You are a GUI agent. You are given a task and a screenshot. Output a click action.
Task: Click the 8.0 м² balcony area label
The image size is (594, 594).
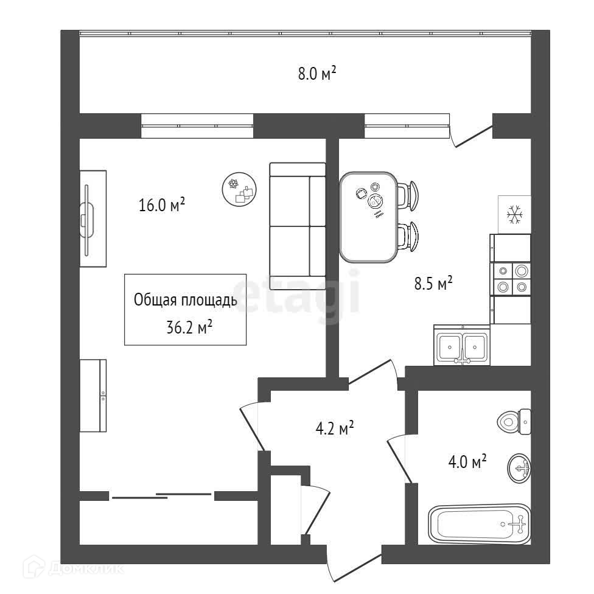[316, 75]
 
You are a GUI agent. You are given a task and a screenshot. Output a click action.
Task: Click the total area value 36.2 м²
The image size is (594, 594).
[189, 328]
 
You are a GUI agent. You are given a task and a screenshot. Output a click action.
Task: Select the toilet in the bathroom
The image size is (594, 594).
[514, 421]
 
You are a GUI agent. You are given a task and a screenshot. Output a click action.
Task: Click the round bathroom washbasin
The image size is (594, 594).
[519, 467]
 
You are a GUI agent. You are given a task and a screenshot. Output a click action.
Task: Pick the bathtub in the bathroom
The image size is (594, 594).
[478, 524]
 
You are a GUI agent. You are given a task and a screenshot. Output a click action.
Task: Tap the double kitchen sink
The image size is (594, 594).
[461, 348]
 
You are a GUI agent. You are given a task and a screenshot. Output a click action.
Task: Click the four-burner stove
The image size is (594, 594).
[511, 279]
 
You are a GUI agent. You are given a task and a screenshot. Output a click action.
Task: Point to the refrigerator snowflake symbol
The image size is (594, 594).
[515, 214]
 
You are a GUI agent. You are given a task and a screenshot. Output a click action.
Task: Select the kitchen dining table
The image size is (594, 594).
[368, 217]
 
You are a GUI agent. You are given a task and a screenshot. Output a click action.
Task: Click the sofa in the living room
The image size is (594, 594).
[298, 220]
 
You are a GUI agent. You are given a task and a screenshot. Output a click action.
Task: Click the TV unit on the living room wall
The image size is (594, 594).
[93, 217]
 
